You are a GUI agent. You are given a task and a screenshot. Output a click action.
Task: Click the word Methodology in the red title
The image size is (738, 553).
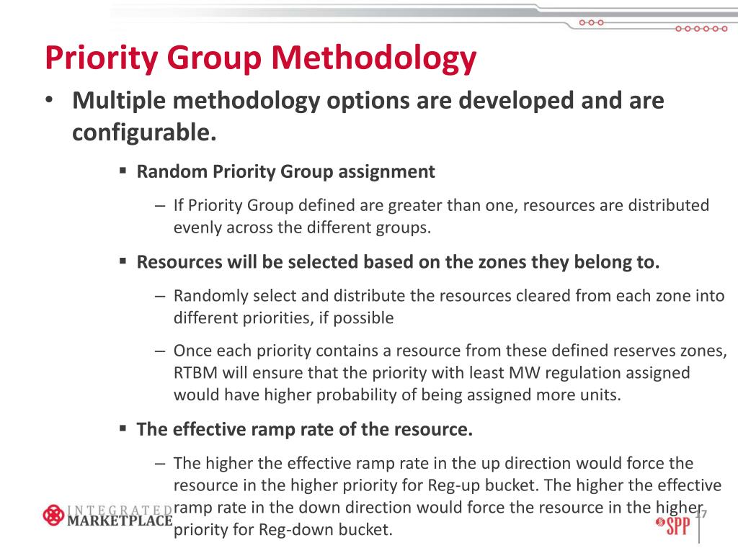pos(374,58)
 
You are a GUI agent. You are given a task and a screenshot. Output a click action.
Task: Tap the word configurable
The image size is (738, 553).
pos(144,132)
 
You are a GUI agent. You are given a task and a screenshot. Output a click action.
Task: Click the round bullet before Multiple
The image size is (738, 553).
pos(48,102)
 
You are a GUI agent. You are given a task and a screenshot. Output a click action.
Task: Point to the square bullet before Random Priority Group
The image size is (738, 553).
pos(123,171)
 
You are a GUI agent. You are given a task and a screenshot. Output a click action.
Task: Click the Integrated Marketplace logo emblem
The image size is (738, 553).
pos(54,515)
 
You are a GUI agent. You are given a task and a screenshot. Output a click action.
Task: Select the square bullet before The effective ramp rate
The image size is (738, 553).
pos(123,429)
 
